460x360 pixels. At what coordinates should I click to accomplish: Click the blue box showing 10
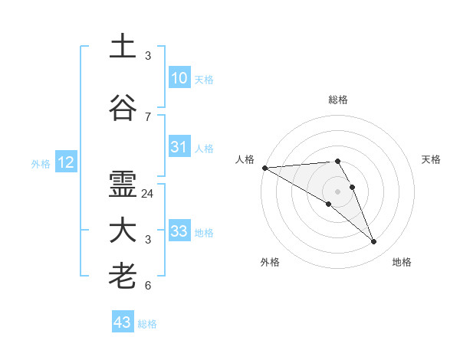click(x=179, y=78)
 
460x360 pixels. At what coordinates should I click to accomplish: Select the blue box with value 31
click(x=179, y=147)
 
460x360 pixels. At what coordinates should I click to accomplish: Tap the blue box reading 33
click(x=179, y=231)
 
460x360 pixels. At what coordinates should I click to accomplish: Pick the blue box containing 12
click(x=66, y=162)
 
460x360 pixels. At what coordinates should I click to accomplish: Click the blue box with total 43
click(x=123, y=322)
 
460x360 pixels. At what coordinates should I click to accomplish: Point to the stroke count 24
click(x=148, y=194)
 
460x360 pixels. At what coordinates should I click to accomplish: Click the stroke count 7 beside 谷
click(x=148, y=116)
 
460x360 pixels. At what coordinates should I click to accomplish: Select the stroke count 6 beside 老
click(x=148, y=286)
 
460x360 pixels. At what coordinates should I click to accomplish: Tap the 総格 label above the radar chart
click(x=338, y=100)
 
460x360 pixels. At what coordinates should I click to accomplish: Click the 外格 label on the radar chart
click(x=270, y=262)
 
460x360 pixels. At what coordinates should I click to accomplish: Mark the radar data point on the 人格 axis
click(x=264, y=168)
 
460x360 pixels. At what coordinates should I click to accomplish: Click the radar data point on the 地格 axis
click(x=374, y=242)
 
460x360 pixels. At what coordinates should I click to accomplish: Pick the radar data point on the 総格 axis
click(x=338, y=161)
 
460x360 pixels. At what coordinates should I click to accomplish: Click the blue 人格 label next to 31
click(x=204, y=149)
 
